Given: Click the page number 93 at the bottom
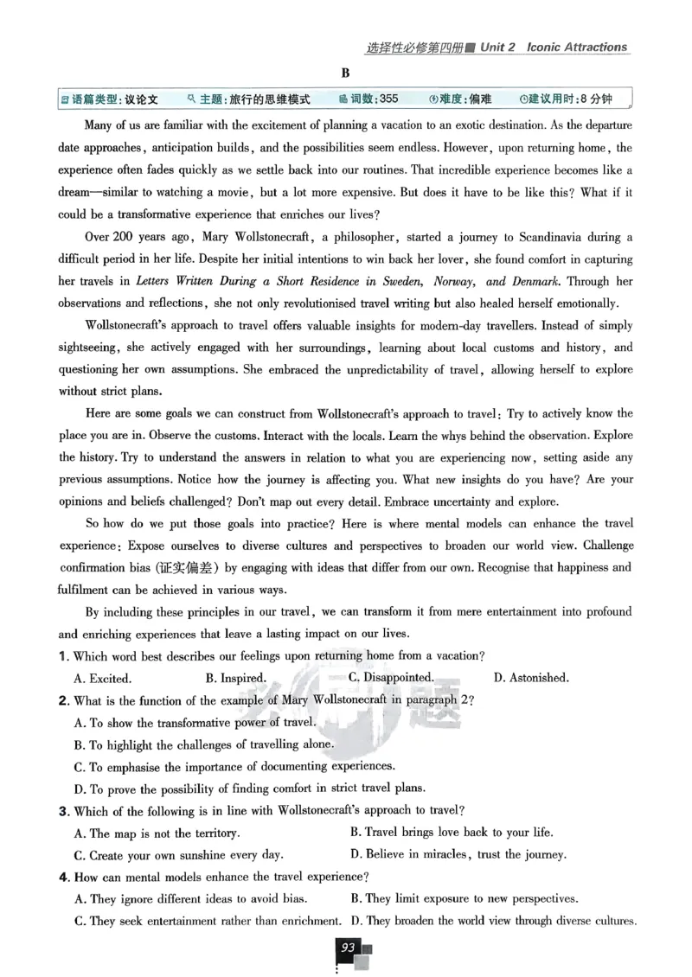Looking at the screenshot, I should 349,948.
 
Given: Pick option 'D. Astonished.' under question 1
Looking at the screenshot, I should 530,679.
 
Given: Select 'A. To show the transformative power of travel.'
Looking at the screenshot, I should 195,723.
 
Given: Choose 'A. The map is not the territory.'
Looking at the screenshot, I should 157,833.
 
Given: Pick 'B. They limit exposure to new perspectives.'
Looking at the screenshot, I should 464,899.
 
